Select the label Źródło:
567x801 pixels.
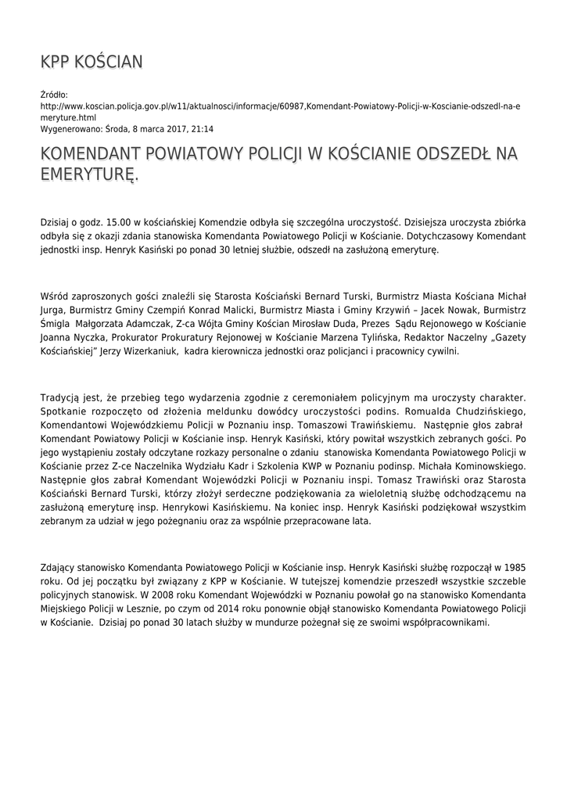point(54,95)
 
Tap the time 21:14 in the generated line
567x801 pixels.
point(203,129)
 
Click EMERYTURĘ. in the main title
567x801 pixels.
point(89,174)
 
